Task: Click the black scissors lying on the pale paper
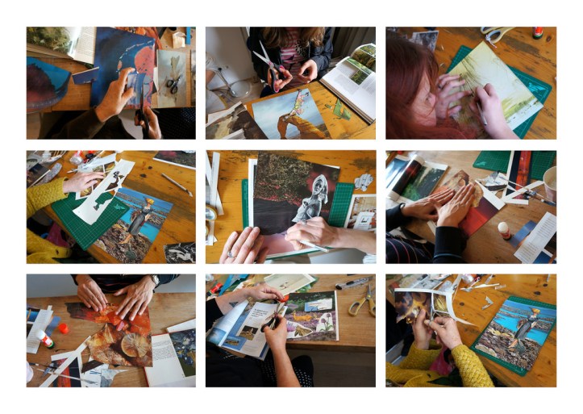173,84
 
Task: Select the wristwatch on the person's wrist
153,282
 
